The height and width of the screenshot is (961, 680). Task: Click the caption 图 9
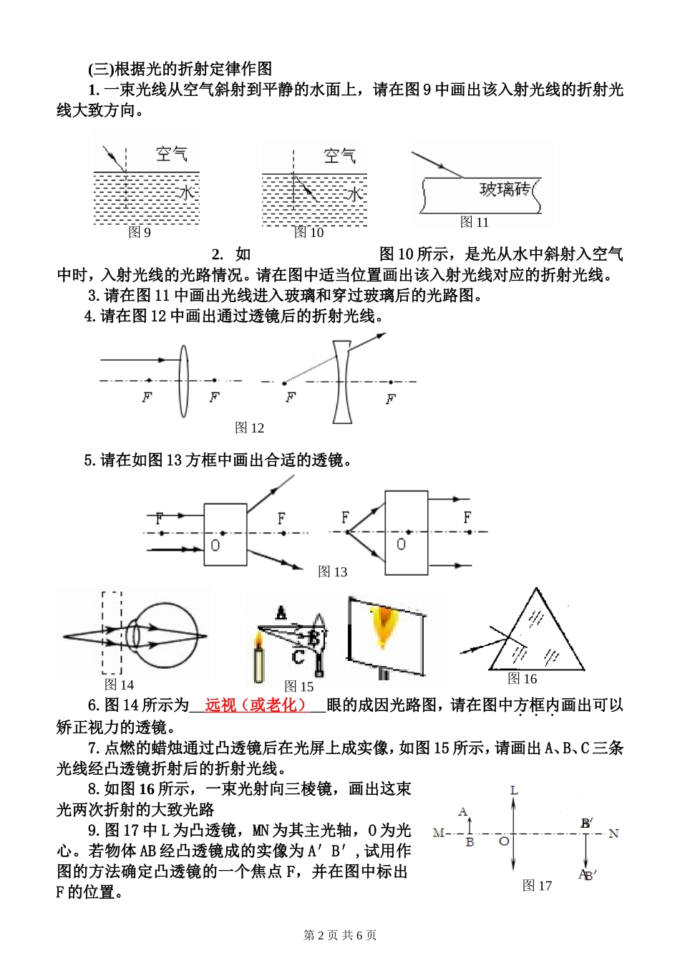(x=139, y=232)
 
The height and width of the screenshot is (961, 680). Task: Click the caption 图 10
(x=309, y=232)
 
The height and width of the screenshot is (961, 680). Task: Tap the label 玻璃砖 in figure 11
(x=505, y=189)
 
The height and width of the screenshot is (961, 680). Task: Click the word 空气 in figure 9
(x=171, y=154)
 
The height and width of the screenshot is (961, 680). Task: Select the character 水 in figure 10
(x=354, y=193)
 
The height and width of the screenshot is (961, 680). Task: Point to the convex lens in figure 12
(x=183, y=380)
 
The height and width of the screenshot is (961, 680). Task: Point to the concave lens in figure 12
(x=341, y=382)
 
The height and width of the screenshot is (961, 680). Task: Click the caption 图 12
(x=249, y=428)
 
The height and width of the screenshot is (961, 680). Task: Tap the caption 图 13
(x=332, y=571)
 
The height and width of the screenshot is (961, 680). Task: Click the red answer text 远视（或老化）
(x=256, y=705)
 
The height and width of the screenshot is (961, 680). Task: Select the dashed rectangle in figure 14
(x=112, y=633)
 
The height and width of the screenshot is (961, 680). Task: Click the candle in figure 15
(x=258, y=662)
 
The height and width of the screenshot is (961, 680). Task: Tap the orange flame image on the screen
(x=384, y=624)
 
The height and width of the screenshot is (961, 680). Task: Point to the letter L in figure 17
(x=513, y=790)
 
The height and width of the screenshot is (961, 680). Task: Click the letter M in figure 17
(x=438, y=834)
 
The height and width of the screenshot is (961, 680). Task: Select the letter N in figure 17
(x=613, y=834)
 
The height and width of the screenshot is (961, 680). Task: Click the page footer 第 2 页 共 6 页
(x=340, y=935)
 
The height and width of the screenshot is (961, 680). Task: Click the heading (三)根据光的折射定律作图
(x=180, y=68)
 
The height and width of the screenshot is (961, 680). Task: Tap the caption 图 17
(x=537, y=886)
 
